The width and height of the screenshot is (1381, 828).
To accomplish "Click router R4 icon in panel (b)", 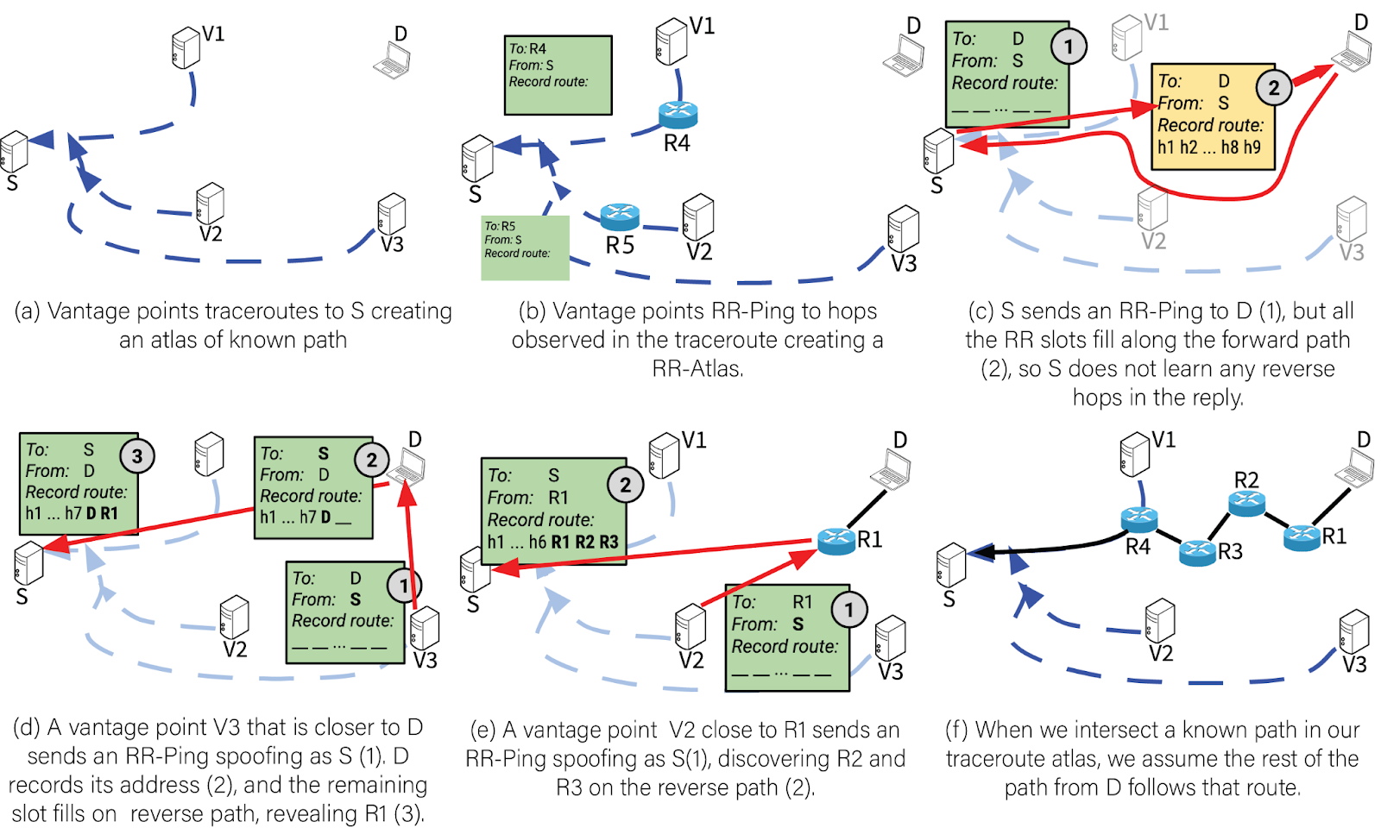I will click(678, 114).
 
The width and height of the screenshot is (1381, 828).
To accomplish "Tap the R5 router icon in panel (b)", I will click(620, 216).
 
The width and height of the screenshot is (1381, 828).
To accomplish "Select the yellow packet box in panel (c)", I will click(1212, 117).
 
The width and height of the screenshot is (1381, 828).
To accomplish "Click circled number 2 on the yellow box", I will click(1273, 87).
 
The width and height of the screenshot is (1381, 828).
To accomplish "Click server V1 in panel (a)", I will click(186, 47).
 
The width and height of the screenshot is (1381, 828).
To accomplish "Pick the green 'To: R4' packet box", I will click(558, 75).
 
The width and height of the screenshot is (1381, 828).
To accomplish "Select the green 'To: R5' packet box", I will click(525, 248).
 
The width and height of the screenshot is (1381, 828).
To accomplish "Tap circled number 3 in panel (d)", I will click(137, 455).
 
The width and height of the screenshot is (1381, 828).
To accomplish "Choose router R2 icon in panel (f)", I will click(1246, 503).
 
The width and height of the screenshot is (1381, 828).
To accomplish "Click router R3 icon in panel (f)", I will click(1197, 552).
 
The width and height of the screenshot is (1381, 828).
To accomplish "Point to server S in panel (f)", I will click(951, 565).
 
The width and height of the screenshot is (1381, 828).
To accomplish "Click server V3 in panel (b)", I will click(903, 229).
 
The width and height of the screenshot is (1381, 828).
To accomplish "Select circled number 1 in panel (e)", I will click(848, 610).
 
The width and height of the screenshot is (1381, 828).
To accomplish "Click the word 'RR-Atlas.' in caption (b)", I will click(697, 369).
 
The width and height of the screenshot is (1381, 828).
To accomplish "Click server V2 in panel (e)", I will click(690, 627).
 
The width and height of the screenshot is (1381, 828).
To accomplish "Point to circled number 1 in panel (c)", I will click(1068, 46).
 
